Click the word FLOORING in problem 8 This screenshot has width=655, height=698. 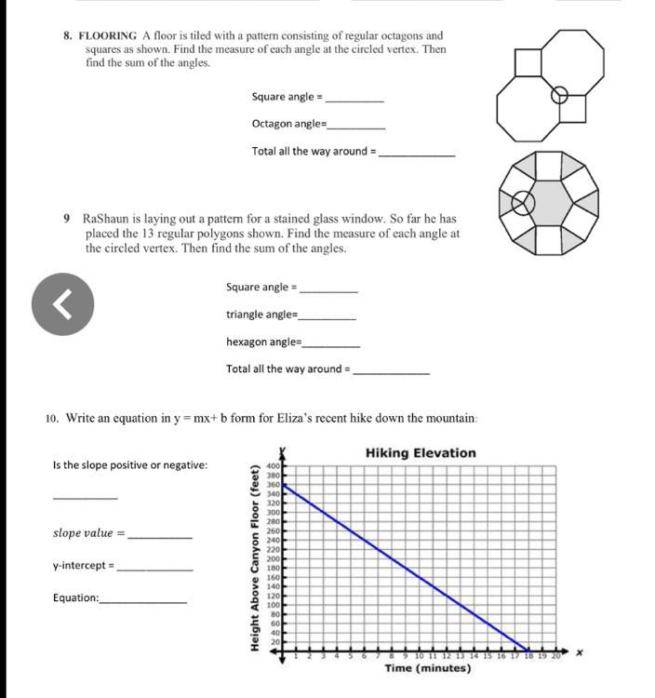111,36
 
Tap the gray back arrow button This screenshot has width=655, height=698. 63,302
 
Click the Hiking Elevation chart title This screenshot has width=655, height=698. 421,453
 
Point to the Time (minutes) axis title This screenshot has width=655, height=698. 427,668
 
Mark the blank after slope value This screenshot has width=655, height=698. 160,536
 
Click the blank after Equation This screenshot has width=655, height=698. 143,600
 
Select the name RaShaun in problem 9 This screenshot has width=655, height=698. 107,218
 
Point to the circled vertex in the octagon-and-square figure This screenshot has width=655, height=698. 559,94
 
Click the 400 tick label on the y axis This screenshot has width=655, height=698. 274,465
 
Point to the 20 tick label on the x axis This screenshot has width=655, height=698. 557,657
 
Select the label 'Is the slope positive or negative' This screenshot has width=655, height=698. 130,465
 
